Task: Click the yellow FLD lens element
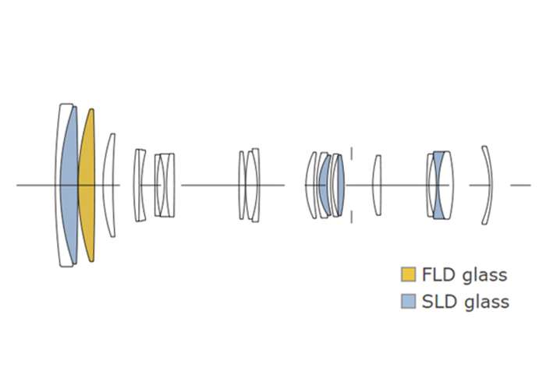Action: [x=87, y=186]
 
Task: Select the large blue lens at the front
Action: [x=69, y=186]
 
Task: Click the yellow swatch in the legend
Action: [x=408, y=274]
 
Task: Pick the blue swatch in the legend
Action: [x=408, y=302]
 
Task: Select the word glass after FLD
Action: [x=484, y=276]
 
